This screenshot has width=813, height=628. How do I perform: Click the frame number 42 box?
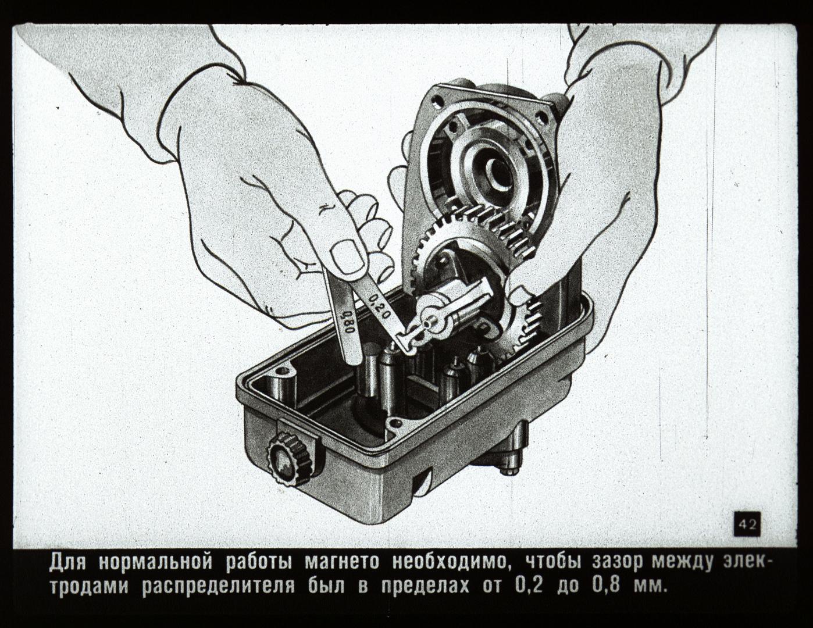pos(747,524)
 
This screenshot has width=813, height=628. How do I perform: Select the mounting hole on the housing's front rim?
pos(393,424)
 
